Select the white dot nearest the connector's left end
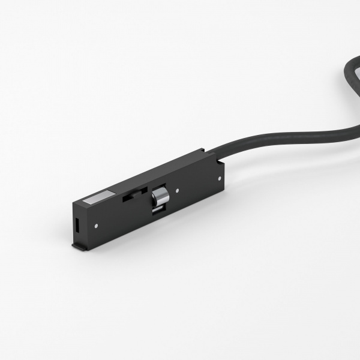coord(97,226)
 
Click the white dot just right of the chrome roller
coord(178,192)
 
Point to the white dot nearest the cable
coord(221,177)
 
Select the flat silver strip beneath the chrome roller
coord(157,210)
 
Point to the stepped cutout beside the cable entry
coord(221,157)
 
